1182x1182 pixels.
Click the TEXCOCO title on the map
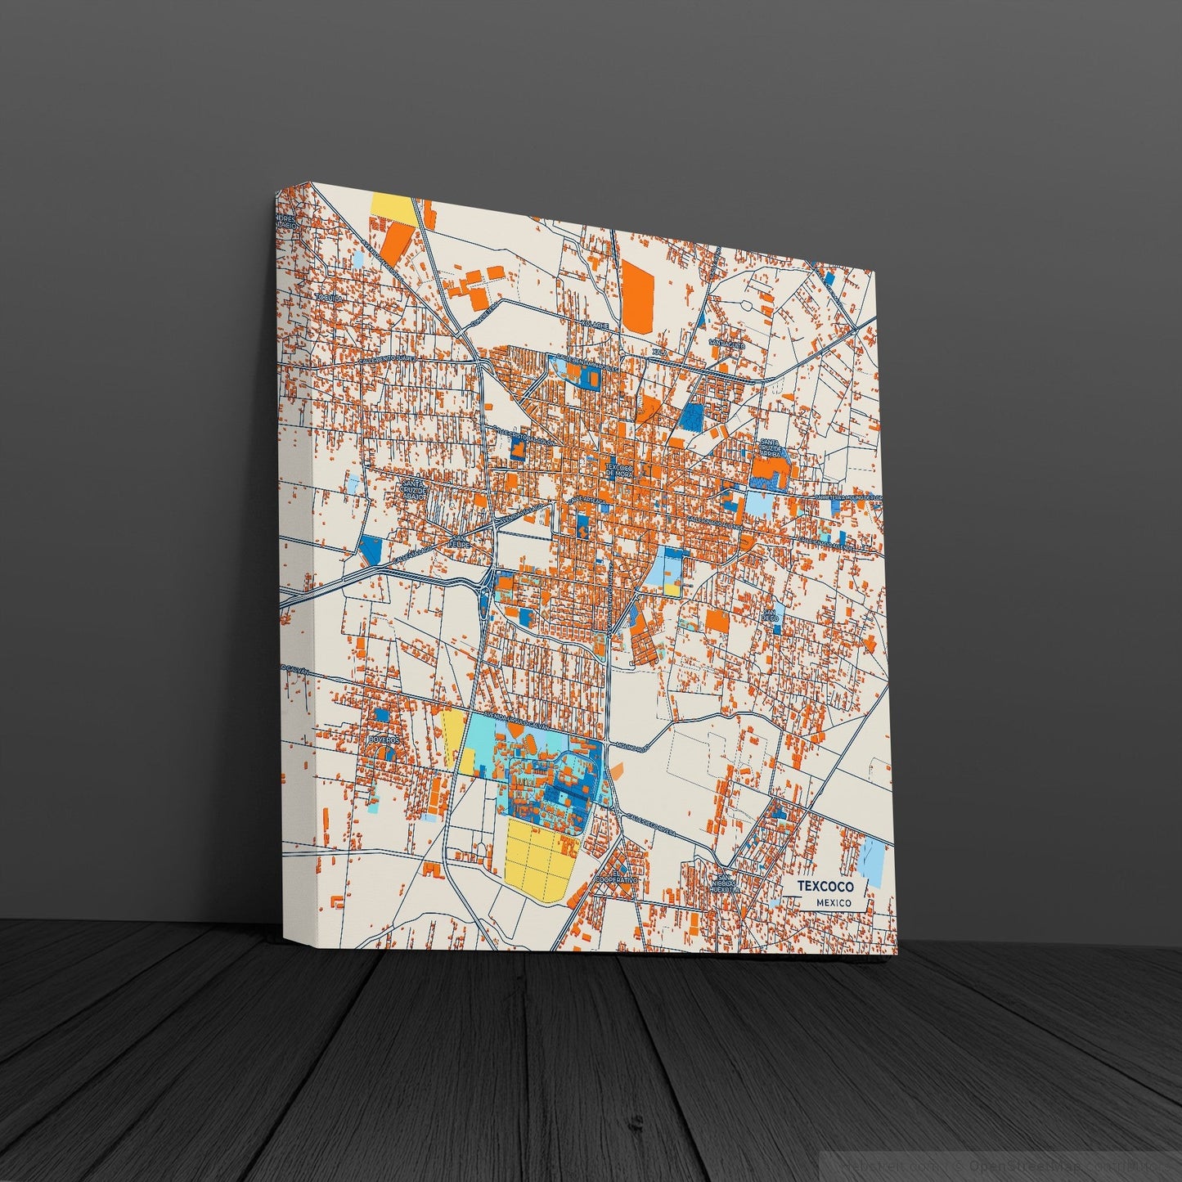(825, 886)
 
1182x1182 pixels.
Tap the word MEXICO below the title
(833, 902)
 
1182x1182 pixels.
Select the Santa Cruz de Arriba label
(770, 449)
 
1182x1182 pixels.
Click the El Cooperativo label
(616, 877)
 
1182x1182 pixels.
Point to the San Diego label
(770, 614)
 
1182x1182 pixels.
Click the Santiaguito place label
(727, 344)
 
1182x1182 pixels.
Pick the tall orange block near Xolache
(638, 294)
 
